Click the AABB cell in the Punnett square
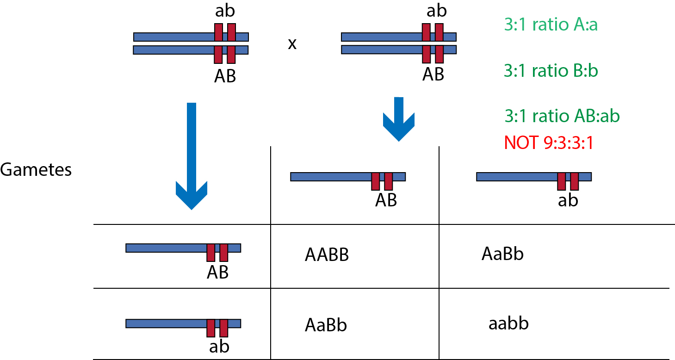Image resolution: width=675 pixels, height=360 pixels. (x=327, y=254)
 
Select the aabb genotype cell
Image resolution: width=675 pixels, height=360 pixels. (x=508, y=323)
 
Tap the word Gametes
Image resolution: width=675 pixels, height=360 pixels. (x=36, y=169)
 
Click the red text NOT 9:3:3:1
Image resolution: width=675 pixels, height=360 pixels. (x=549, y=143)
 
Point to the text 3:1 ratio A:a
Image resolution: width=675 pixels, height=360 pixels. (x=551, y=25)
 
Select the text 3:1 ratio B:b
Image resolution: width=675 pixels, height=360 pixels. (x=551, y=71)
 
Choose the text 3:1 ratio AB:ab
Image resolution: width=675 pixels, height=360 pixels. (x=562, y=116)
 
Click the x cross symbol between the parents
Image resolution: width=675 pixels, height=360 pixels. (x=292, y=44)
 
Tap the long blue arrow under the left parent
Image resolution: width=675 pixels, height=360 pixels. (x=192, y=156)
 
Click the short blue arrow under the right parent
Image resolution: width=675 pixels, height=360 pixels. (x=399, y=119)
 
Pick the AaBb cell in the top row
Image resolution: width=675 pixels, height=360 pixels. (x=502, y=254)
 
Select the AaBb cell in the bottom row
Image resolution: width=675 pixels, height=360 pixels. (x=326, y=325)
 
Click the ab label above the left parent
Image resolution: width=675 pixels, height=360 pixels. (x=225, y=11)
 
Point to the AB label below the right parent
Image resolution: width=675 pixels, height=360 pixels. (x=433, y=74)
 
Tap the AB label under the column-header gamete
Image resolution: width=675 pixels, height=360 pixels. (x=386, y=200)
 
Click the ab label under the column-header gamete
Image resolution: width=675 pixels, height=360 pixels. (x=568, y=200)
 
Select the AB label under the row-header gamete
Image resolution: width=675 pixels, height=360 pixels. (x=217, y=272)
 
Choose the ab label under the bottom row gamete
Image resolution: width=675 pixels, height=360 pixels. (x=219, y=347)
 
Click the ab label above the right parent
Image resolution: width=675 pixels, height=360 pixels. (x=437, y=11)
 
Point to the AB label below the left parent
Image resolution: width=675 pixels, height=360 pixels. (x=225, y=76)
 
